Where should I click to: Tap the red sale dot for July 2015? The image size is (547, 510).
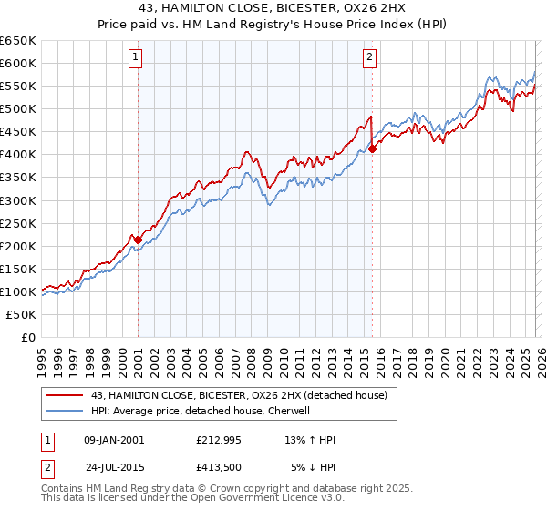tap(373, 148)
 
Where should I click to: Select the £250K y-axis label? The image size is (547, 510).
tap(19, 223)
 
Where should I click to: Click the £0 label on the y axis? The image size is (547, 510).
tap(27, 337)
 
